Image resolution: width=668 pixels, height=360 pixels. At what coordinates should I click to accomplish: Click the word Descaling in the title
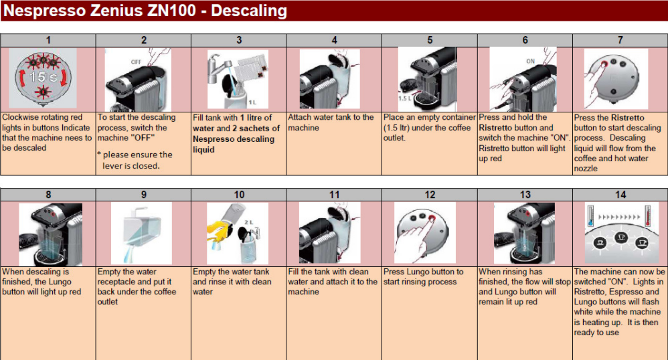point(249,11)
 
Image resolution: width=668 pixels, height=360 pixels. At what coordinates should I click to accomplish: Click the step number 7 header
point(620,40)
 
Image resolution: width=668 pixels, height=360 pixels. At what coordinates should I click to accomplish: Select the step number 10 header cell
point(239,195)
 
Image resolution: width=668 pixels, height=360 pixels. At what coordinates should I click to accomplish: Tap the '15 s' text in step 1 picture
point(43,77)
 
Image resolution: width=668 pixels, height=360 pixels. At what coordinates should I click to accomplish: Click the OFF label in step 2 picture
point(136,62)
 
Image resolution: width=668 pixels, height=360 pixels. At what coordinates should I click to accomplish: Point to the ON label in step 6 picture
point(530,62)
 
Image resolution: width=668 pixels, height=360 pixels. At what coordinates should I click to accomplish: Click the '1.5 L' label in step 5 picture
point(405,98)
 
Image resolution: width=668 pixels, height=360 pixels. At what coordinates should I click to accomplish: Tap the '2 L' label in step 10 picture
point(249,222)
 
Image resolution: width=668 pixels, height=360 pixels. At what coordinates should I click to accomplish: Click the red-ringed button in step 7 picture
point(604,64)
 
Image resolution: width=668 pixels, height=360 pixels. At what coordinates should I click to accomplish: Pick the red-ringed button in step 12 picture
point(432,219)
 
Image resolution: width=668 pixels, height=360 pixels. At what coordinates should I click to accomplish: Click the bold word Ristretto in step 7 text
point(627,118)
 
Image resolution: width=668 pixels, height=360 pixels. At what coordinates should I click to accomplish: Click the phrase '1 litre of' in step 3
point(256,118)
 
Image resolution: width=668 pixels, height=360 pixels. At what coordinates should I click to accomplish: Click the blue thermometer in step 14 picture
point(590,215)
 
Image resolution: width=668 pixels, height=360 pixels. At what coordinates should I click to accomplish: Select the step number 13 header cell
point(525,195)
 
